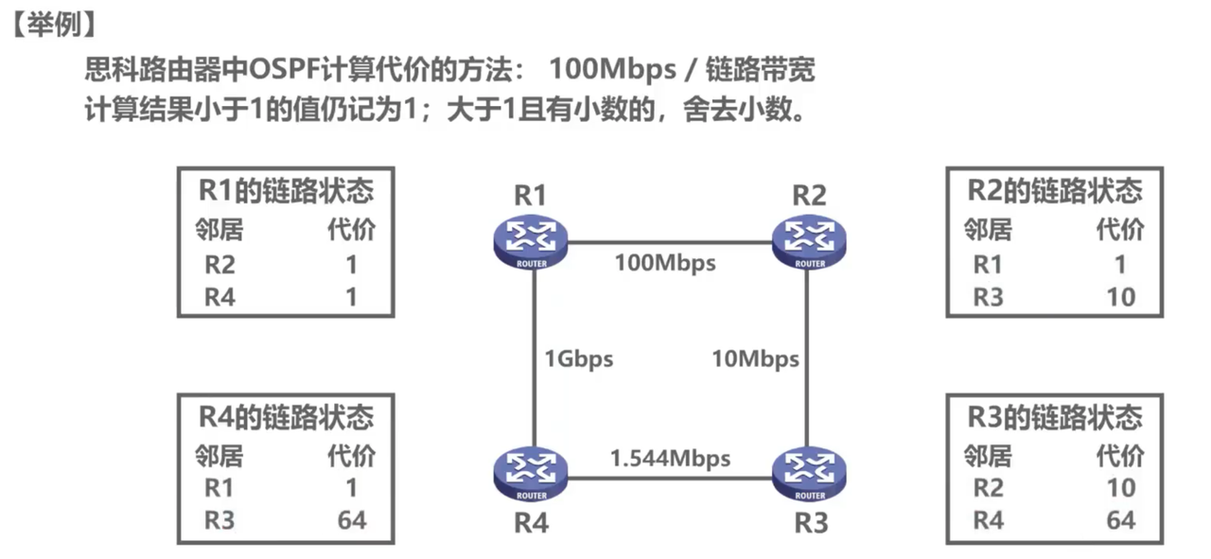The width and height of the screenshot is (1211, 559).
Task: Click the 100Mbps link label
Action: tap(665, 262)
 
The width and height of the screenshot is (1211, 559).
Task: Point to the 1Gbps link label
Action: tap(578, 358)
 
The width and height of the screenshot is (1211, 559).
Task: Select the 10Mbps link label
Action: tap(755, 358)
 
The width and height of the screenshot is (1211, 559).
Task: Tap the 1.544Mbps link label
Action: tap(670, 459)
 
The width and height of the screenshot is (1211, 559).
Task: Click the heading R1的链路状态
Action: tap(286, 191)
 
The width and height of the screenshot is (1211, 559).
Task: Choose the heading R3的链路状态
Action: tap(1055, 417)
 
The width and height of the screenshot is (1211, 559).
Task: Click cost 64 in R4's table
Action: tap(351, 519)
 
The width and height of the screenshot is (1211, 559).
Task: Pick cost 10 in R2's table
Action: tap(1120, 297)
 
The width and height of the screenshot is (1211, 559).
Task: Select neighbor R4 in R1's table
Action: tap(219, 297)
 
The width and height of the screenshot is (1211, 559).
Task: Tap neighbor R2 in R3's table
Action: tap(988, 488)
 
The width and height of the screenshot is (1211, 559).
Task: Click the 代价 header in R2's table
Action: tap(1120, 230)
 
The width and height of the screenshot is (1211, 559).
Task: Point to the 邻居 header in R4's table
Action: tap(219, 457)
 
